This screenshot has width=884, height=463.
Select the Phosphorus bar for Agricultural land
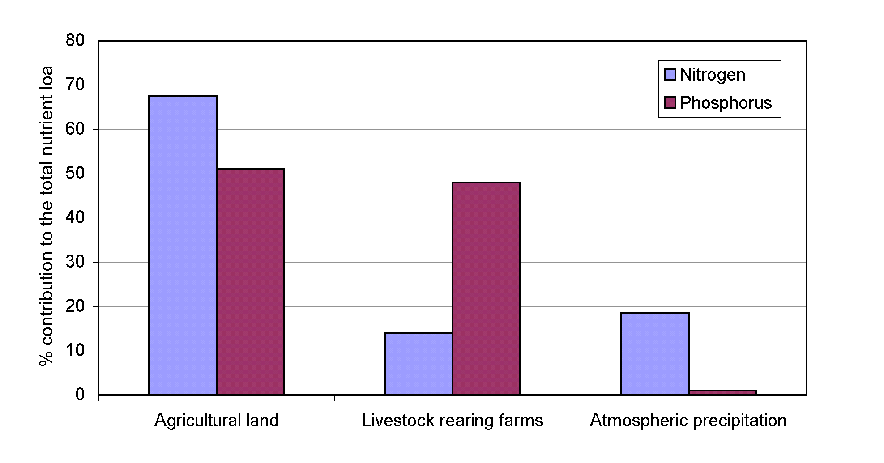tap(250, 282)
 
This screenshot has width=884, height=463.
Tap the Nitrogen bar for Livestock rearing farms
tap(419, 364)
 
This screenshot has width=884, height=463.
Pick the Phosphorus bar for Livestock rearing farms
tap(486, 289)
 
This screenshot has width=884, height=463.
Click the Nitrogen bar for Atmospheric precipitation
tap(655, 354)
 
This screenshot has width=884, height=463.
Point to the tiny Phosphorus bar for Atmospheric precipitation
tap(722, 392)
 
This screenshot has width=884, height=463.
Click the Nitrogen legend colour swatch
tap(670, 74)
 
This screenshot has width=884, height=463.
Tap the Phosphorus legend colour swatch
tap(670, 103)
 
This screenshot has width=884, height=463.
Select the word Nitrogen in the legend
tap(713, 75)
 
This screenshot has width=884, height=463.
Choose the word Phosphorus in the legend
tap(726, 103)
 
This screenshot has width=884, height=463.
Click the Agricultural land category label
tap(217, 421)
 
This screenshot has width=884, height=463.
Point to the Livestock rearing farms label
tap(453, 421)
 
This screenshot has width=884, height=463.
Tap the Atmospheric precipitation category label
tap(688, 421)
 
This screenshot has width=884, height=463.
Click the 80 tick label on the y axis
tap(75, 40)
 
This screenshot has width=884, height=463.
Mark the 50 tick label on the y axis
tap(75, 174)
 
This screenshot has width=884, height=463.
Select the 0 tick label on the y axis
tap(80, 395)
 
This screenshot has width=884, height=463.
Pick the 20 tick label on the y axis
tap(75, 306)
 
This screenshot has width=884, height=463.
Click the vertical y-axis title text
tap(47, 216)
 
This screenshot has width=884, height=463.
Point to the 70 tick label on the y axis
tap(75, 85)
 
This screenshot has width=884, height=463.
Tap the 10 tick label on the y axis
tap(75, 351)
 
